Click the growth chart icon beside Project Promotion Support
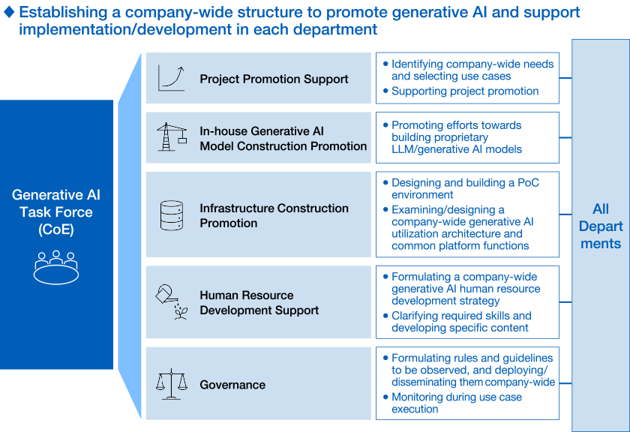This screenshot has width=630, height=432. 172,78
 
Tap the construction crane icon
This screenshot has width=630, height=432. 172,137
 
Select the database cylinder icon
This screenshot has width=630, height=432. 172,215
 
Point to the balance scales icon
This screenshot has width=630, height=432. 172,384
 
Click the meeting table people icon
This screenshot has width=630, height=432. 55,268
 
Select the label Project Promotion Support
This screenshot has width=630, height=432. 274,79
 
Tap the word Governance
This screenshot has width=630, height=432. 232,385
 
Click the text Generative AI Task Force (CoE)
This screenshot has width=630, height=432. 56,211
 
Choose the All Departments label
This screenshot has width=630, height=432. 601,226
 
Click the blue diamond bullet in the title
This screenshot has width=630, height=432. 9,13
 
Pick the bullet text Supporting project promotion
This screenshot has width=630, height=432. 465,91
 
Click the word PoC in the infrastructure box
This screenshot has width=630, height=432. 528,183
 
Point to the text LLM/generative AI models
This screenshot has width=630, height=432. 457,149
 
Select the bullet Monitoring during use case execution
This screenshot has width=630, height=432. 457,403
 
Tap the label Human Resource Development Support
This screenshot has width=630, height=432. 259,302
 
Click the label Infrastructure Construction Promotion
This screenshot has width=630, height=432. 274,215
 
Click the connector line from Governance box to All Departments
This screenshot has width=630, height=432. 565,383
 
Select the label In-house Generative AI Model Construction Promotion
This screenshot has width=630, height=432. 283,139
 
